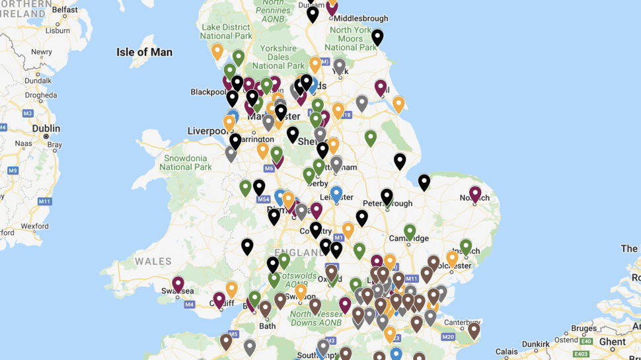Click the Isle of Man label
[144, 52]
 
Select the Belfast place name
[64, 10]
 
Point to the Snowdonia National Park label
[186, 162]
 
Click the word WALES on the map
[153, 262]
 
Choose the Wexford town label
[34, 226]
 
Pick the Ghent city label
[613, 342]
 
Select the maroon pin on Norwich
[475, 193]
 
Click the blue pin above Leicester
[336, 193]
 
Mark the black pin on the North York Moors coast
[377, 36]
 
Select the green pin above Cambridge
[410, 231]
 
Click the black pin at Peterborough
[387, 196]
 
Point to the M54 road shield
[263, 199]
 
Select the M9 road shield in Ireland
[13, 170]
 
